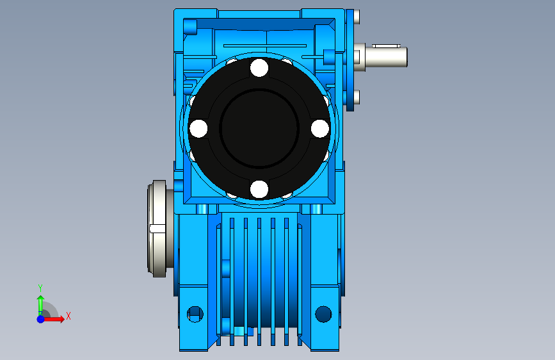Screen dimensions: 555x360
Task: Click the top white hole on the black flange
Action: [x=259, y=68]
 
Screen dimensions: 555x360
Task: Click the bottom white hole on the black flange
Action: [x=259, y=189]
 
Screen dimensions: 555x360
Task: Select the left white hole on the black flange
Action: [x=198, y=128]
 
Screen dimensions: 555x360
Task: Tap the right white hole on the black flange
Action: [x=320, y=128]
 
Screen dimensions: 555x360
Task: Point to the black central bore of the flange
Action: [x=259, y=128]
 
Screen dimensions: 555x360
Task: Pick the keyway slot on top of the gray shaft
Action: [x=386, y=45]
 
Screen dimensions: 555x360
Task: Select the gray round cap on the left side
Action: [x=157, y=229]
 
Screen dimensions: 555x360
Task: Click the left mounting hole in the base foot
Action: [x=195, y=314]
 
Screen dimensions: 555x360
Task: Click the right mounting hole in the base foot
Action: [x=323, y=314]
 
